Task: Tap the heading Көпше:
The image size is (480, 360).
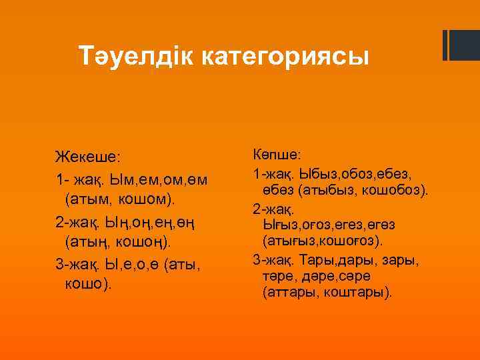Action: (277, 155)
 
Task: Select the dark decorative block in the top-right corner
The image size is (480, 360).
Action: (460, 45)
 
